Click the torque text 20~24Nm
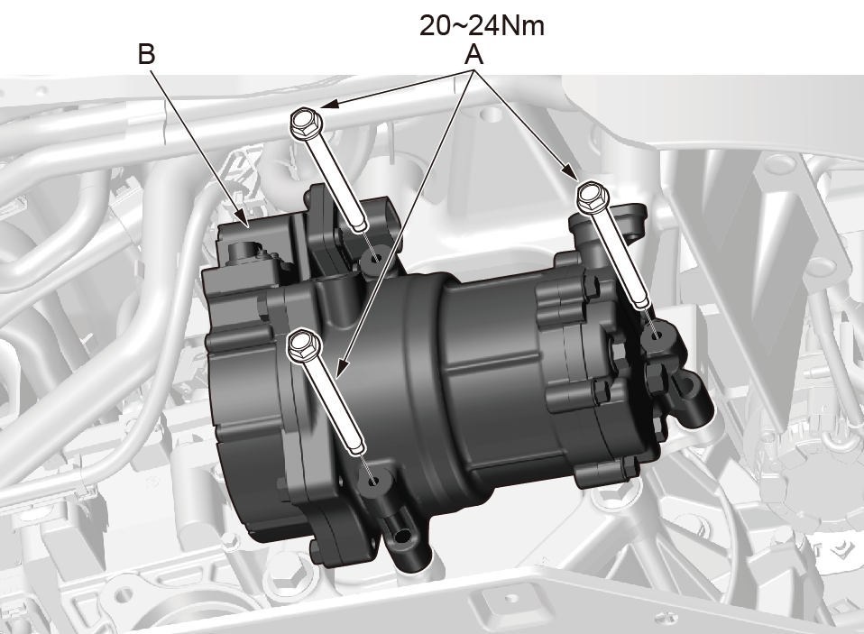(x=482, y=26)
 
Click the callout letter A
(x=473, y=55)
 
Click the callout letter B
(x=147, y=54)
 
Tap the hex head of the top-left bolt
(x=303, y=123)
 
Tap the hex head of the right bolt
(x=593, y=198)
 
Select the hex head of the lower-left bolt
(x=300, y=345)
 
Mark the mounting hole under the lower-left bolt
(x=374, y=480)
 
